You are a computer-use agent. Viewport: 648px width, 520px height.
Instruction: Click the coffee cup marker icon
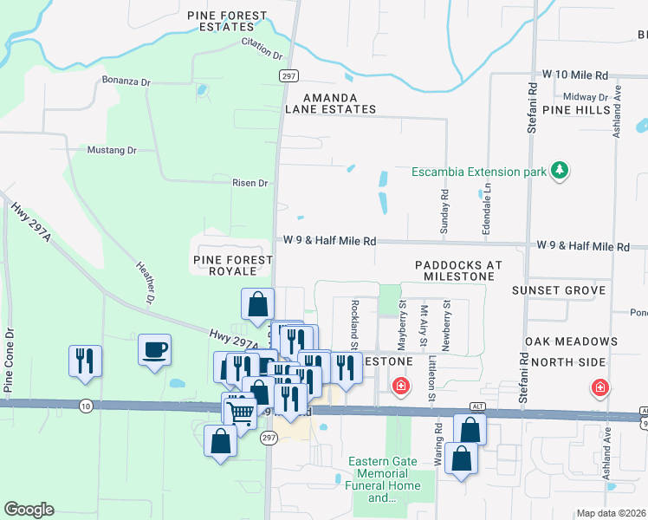click(154, 350)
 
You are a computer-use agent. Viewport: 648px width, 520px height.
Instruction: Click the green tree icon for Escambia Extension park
click(560, 171)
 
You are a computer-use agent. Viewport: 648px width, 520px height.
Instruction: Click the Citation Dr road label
click(262, 48)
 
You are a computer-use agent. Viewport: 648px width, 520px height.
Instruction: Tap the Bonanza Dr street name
click(126, 81)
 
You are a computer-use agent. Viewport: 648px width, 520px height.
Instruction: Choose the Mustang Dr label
click(113, 150)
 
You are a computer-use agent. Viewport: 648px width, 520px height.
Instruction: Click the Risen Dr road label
click(250, 183)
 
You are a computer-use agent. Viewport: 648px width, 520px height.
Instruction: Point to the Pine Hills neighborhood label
click(576, 111)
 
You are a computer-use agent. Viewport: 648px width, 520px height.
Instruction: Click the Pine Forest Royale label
click(223, 265)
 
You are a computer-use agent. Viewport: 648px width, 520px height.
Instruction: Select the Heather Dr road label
click(145, 283)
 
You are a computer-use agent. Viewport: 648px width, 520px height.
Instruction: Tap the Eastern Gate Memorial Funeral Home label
click(385, 479)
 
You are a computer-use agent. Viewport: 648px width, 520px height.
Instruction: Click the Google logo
click(29, 510)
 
